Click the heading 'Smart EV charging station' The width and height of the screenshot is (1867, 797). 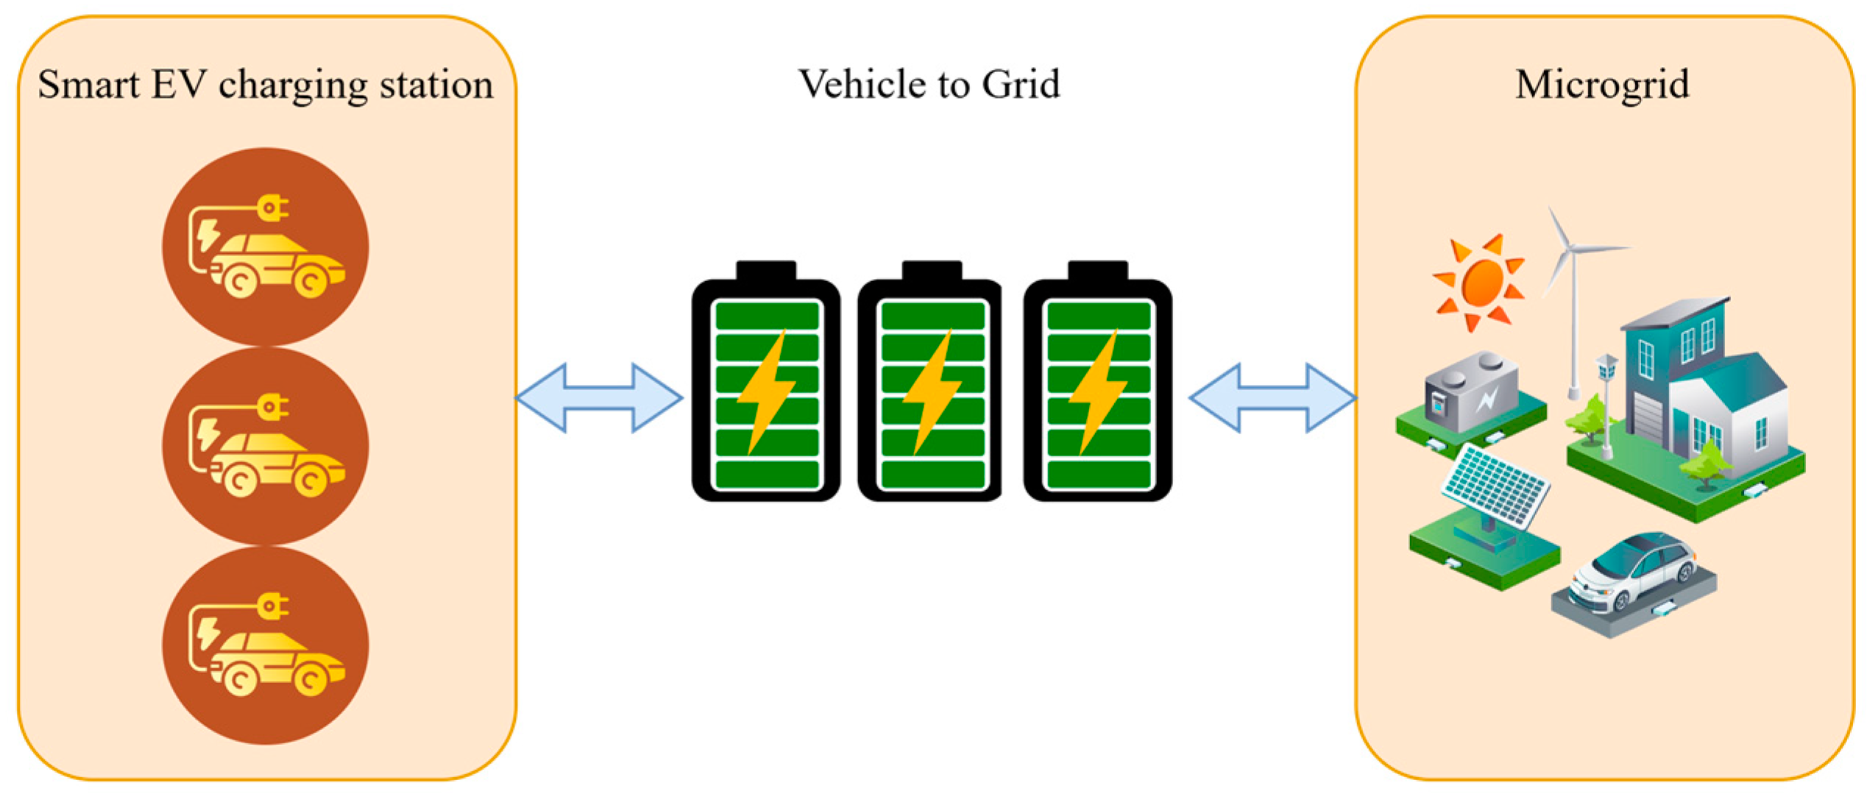tap(265, 85)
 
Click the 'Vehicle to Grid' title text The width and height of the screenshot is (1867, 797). tap(929, 84)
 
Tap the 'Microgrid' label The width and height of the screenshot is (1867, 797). tap(1602, 85)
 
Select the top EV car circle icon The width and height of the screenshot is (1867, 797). tap(265, 247)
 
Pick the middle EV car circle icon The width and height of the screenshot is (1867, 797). tap(265, 446)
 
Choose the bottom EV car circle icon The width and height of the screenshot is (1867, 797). tap(265, 645)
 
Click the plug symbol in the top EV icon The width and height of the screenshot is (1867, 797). tap(272, 208)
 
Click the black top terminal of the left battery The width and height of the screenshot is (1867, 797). tap(765, 270)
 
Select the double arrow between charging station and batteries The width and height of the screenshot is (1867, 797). tap(599, 397)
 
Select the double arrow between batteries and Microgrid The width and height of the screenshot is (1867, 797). tap(1272, 397)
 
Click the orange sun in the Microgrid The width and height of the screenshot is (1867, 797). tap(1481, 283)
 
